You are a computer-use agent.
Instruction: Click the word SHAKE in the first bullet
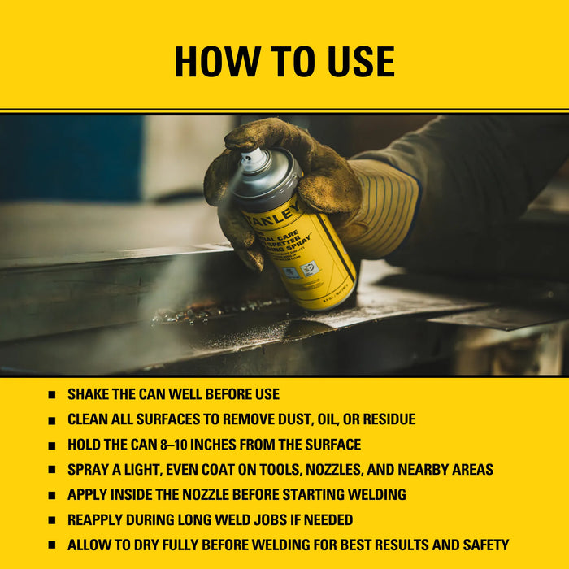pyautogui.click(x=89, y=394)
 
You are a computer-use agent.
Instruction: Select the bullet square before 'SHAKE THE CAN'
pyautogui.click(x=52, y=395)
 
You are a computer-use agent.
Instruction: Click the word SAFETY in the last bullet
pyautogui.click(x=483, y=545)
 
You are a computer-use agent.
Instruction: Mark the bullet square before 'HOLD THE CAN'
pyautogui.click(x=52, y=445)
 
